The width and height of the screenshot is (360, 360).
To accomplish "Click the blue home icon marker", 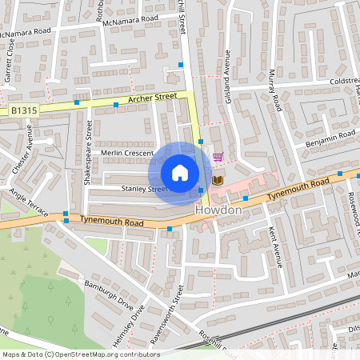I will coord(180,172).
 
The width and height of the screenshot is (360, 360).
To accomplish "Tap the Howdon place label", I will coord(218,209).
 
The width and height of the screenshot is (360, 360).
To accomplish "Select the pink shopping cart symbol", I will coord(218,158).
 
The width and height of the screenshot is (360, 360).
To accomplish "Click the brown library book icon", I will coord(218,180).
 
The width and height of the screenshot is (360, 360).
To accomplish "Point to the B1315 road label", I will coord(24,110).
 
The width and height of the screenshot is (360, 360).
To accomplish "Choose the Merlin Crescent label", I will coord(126,153).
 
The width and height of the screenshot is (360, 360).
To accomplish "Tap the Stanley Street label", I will coord(144,190).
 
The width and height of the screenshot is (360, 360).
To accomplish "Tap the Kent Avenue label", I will coord(275,246).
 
